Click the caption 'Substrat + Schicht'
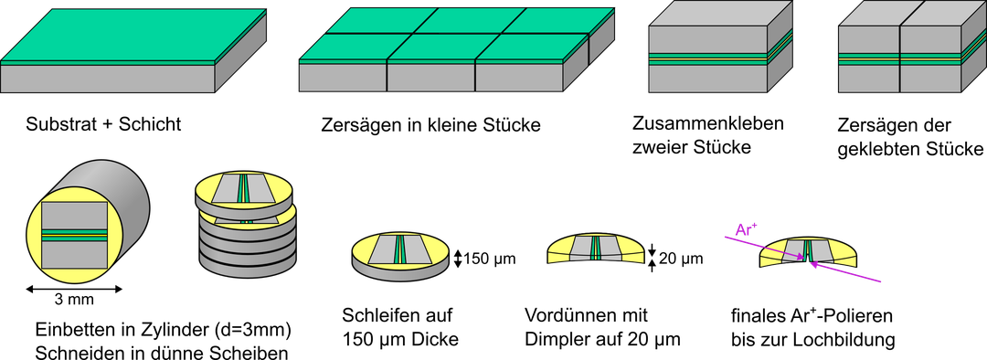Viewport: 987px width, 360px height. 103,124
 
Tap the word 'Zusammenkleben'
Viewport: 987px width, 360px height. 708,122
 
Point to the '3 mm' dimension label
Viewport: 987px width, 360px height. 74,300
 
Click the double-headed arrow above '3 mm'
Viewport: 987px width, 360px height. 74,289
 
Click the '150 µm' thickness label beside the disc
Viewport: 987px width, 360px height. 489,259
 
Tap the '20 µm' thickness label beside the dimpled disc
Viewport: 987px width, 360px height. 681,258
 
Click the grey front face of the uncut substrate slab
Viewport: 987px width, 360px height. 108,79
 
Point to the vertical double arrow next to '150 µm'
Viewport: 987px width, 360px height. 458,259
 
